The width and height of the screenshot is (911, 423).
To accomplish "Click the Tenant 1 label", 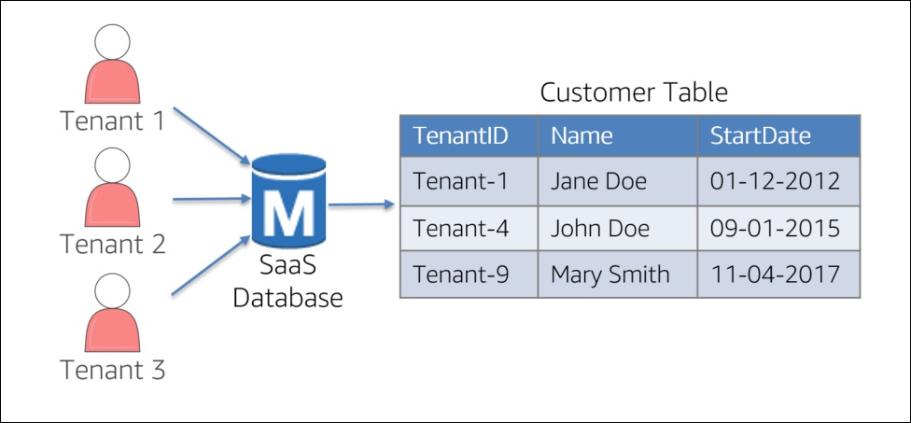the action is (113, 121).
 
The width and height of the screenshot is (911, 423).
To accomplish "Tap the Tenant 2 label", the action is (113, 244).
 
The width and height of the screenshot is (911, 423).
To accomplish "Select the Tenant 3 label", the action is (113, 370).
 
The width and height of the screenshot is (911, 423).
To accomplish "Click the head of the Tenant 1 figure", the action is (112, 42).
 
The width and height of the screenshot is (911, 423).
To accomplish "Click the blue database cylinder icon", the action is (288, 203).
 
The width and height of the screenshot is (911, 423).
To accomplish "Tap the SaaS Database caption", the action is (287, 283).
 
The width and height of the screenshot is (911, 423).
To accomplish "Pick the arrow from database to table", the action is (361, 204).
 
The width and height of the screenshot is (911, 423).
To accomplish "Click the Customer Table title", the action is (634, 92).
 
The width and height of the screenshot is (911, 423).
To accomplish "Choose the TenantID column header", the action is (461, 136).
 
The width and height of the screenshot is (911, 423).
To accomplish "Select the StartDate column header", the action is (761, 136).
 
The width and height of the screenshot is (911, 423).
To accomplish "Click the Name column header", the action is (582, 136).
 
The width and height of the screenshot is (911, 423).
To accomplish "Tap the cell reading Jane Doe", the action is (618, 181).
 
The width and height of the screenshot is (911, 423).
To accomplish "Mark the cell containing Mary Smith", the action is (618, 275).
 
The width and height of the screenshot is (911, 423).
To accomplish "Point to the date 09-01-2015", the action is (775, 229).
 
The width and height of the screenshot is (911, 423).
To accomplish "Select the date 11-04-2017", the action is (775, 275).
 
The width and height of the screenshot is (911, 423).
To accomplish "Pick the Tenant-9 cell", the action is (469, 275).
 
